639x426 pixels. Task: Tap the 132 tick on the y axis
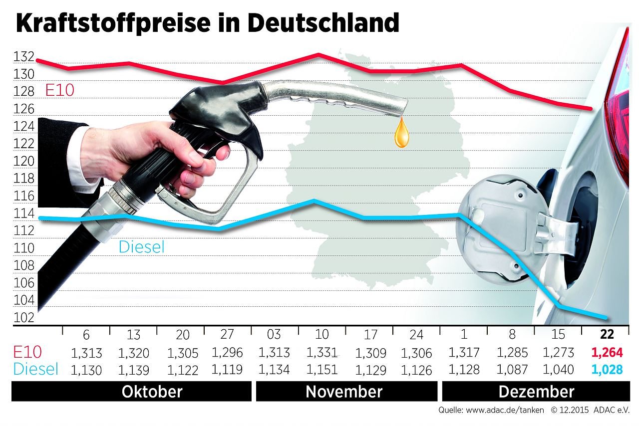pyautogui.click(x=24, y=57)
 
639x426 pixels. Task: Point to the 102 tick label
pyautogui.click(x=24, y=317)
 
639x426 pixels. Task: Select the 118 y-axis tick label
pyautogui.click(x=24, y=179)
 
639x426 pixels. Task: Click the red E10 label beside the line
pyautogui.click(x=59, y=90)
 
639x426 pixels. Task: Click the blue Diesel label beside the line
pyautogui.click(x=141, y=246)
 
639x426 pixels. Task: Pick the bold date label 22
pyautogui.click(x=607, y=334)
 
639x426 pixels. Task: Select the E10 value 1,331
pyautogui.click(x=322, y=352)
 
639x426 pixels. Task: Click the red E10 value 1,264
pyautogui.click(x=607, y=353)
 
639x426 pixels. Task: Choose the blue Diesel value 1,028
pyautogui.click(x=607, y=370)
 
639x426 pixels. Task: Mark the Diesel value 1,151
pyautogui.click(x=322, y=370)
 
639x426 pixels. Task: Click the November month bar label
pyautogui.click(x=344, y=392)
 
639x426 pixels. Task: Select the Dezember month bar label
pyautogui.click(x=537, y=392)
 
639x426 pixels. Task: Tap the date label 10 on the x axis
pyautogui.click(x=322, y=334)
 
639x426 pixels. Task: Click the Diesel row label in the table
pyautogui.click(x=36, y=369)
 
